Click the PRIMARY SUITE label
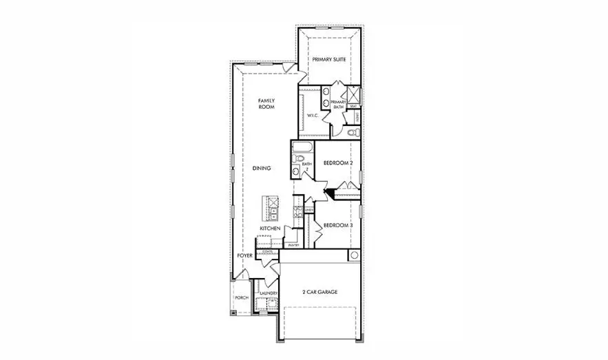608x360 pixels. click(328, 60)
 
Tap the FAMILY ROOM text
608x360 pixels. click(266, 104)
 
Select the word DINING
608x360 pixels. click(261, 168)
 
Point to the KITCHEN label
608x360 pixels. click(269, 228)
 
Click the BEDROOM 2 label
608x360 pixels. click(338, 163)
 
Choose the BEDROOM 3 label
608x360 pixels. click(338, 226)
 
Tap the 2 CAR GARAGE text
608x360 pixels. click(320, 292)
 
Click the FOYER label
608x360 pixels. click(245, 255)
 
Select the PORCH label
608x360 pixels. click(242, 298)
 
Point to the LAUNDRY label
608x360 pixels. click(268, 294)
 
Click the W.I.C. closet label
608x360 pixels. click(311, 115)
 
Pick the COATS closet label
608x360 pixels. click(268, 252)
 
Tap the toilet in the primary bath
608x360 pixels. click(353, 132)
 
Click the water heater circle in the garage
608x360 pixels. click(354, 255)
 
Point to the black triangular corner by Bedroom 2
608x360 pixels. click(331, 193)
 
